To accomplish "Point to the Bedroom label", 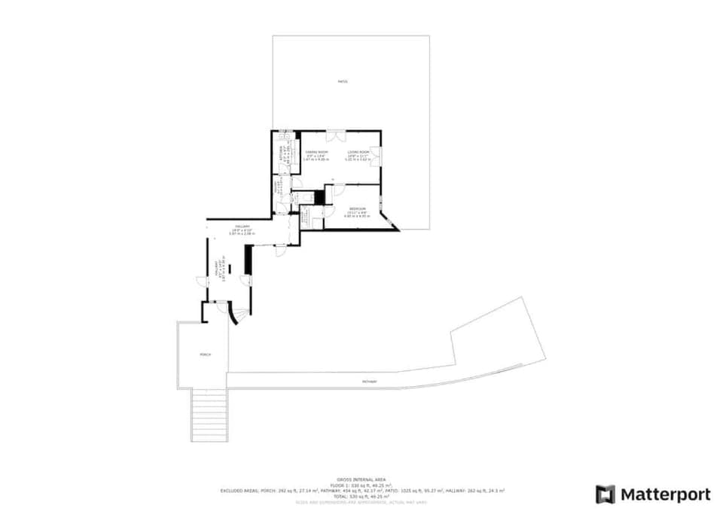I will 358,208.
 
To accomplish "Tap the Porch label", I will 205,354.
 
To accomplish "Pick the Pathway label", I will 369,382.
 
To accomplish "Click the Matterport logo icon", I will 605,494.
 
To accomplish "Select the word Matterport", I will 665,494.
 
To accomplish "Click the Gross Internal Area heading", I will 361,479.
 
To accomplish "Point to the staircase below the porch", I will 209,415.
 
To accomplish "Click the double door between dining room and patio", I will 335,136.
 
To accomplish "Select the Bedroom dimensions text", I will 358,215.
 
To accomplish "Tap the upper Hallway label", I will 242,227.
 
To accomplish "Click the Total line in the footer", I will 361,496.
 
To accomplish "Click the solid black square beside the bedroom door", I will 319,197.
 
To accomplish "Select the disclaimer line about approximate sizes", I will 361,502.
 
